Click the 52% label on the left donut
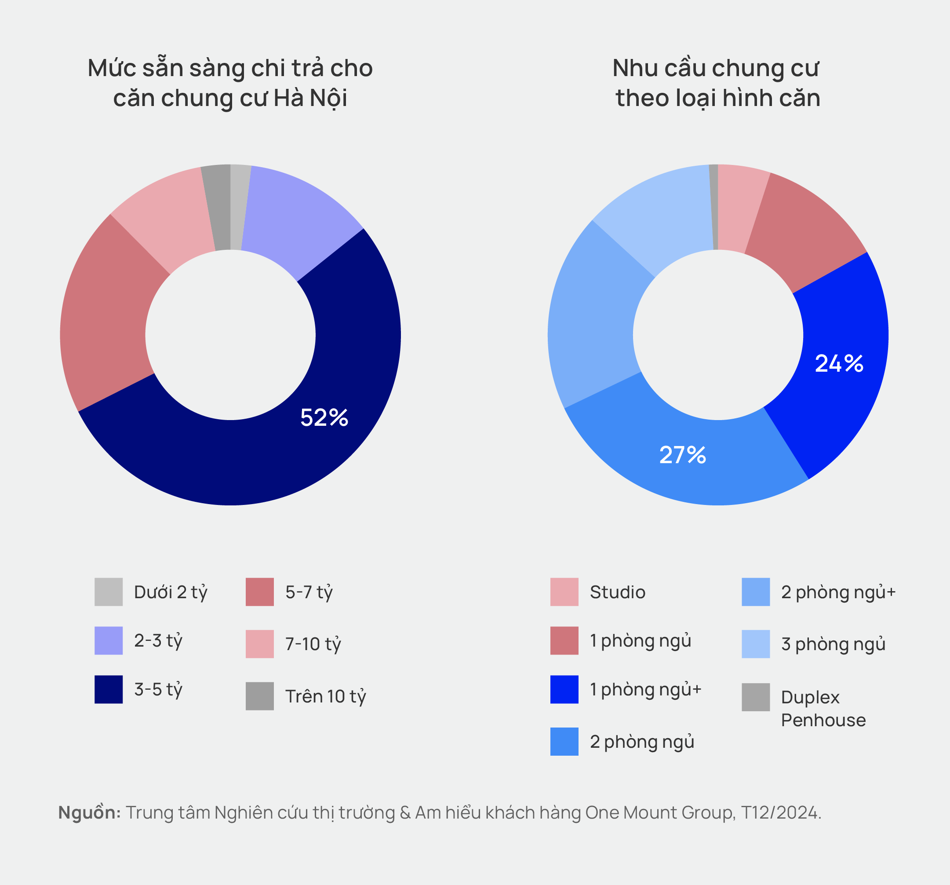(324, 417)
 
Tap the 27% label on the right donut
(682, 455)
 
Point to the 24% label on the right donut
(839, 363)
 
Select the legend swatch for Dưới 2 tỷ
(109, 592)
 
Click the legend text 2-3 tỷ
(158, 641)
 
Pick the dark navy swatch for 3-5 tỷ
(109, 689)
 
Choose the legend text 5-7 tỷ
(309, 592)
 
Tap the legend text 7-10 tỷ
(313, 644)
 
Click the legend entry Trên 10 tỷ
(325, 696)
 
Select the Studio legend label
(617, 592)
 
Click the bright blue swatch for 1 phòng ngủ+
(564, 689)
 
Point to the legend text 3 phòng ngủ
(833, 644)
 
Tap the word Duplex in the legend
(810, 697)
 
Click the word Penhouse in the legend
(823, 720)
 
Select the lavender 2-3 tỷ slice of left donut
(296, 215)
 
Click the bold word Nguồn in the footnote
(89, 812)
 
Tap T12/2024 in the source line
(780, 812)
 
